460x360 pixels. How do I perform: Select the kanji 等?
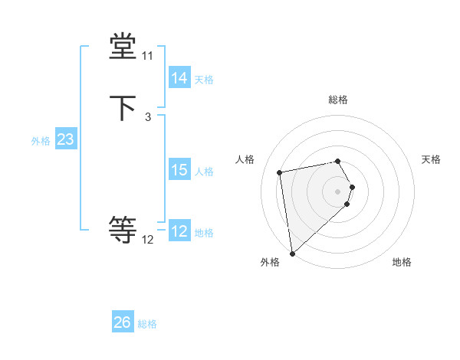point(123,230)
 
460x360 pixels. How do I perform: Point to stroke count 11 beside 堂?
point(147,57)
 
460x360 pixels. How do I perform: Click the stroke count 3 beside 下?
point(147,116)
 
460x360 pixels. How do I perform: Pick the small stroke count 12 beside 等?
point(147,240)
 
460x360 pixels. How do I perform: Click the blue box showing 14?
point(179,78)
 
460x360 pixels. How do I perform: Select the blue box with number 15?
point(179,170)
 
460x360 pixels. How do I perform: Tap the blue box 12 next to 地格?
point(179,231)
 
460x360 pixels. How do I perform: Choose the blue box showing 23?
point(65,139)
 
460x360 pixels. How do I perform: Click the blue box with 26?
point(123,322)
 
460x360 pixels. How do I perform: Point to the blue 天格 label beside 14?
point(204,79)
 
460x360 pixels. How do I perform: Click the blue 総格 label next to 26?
point(147,324)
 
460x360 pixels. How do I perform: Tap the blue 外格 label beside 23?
point(41,141)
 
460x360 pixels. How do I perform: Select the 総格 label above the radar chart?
point(338,100)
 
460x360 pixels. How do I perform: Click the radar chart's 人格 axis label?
point(245,159)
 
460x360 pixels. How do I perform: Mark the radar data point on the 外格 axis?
point(292,253)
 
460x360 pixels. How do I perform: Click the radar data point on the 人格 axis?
point(280,172)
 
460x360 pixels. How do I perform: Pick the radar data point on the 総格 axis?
point(338,161)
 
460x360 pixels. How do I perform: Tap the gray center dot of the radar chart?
point(338,190)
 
